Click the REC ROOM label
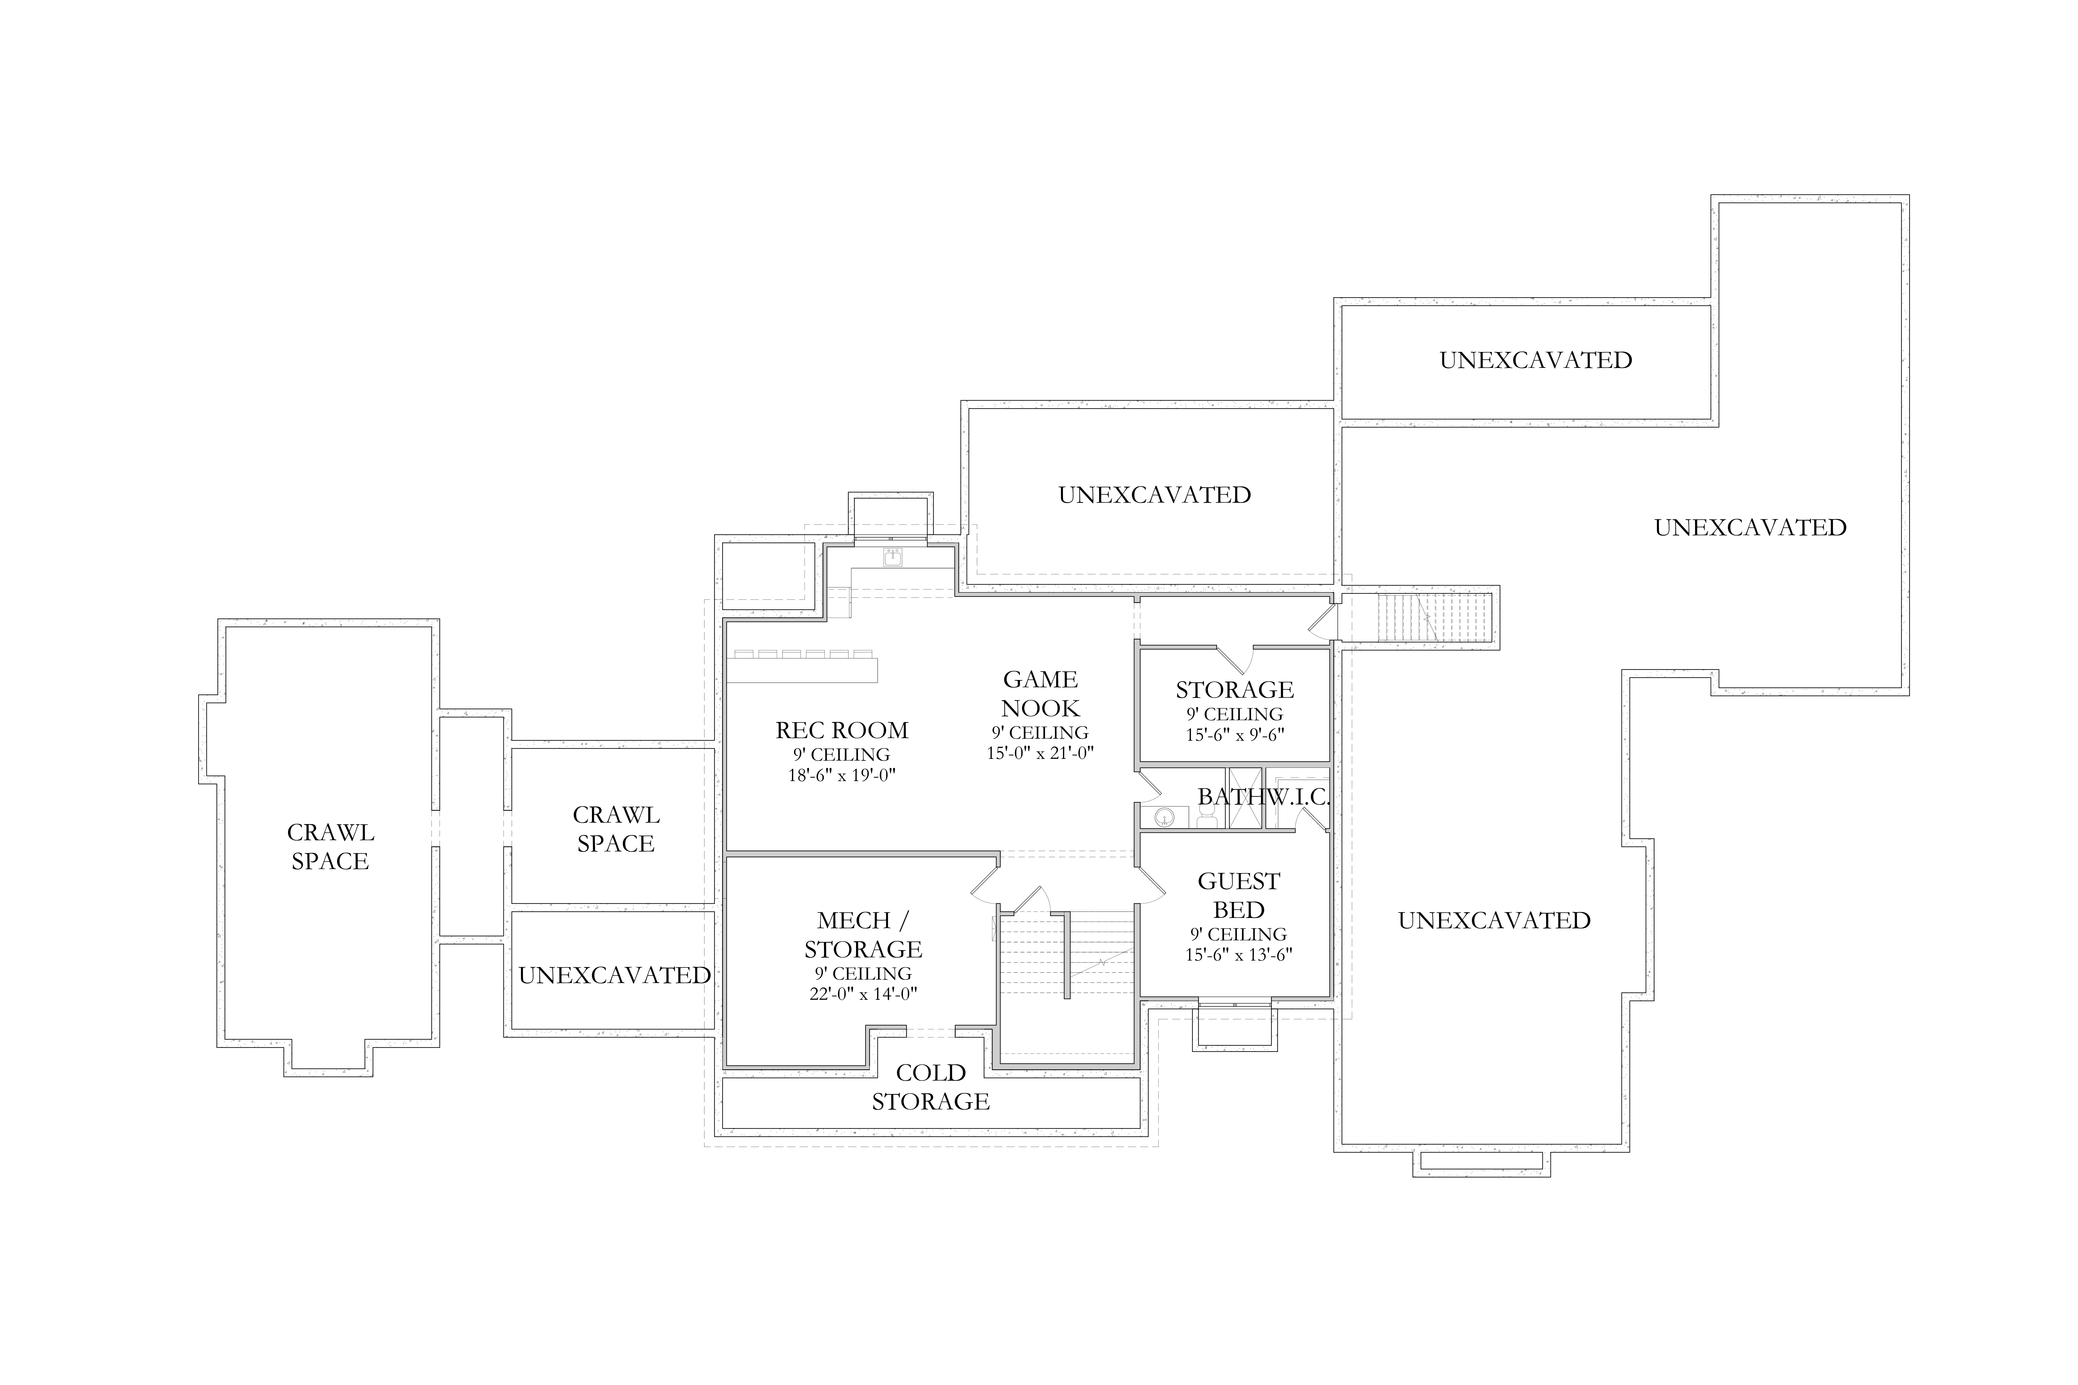pyautogui.click(x=842, y=731)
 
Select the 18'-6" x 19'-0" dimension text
pyautogui.click(x=842, y=776)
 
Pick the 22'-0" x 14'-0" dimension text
pyautogui.click(x=863, y=994)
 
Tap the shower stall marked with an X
pyautogui.click(x=1245, y=798)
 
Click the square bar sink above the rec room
pyautogui.click(x=892, y=557)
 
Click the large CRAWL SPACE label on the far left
pyautogui.click(x=330, y=846)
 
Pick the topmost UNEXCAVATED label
pyautogui.click(x=1535, y=360)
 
